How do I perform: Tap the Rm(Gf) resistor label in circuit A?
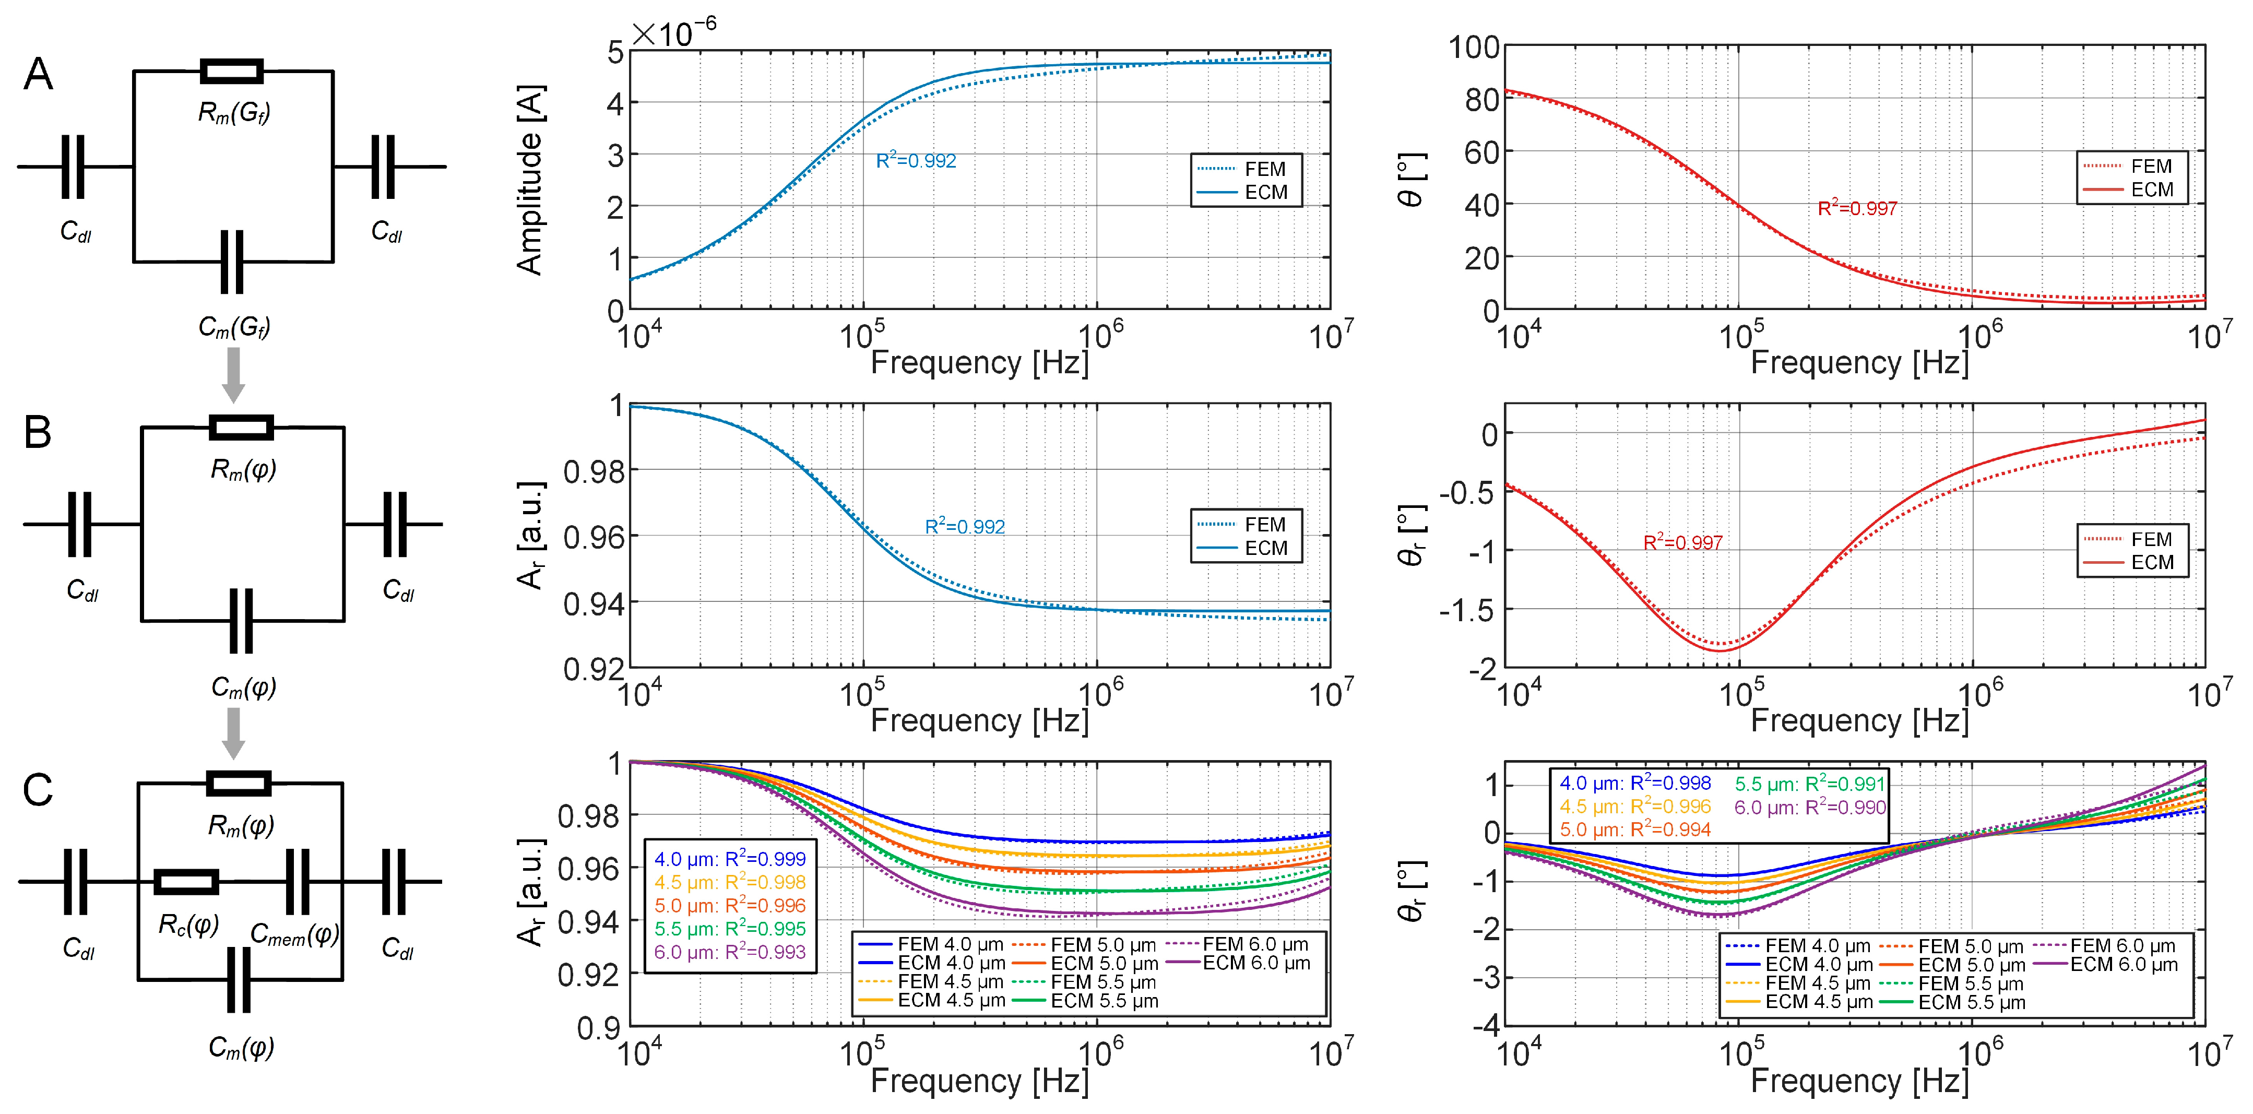[233, 112]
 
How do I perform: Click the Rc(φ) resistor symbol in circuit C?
[186, 881]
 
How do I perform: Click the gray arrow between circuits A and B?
[233, 374]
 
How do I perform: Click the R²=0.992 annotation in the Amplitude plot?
[916, 160]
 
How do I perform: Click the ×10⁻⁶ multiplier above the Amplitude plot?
[673, 33]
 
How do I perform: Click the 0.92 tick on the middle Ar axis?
[592, 669]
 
